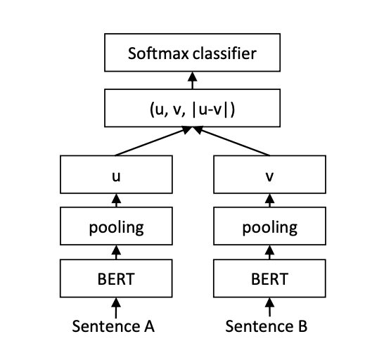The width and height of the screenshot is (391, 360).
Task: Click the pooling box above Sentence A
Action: [115, 228]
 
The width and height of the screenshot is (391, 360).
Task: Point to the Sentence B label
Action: [267, 326]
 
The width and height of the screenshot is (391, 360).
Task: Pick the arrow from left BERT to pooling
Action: [115, 252]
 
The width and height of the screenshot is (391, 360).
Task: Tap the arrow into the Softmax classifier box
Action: [191, 80]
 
